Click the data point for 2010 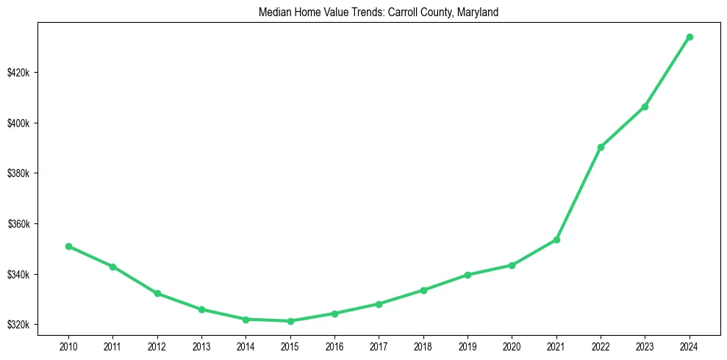click(x=68, y=246)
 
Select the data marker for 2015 click(x=290, y=321)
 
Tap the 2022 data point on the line click(x=601, y=147)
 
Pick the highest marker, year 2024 click(x=690, y=37)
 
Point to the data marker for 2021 click(x=556, y=240)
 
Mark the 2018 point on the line click(x=423, y=290)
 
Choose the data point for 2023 click(x=645, y=107)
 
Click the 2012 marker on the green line click(x=157, y=293)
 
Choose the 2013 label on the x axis click(x=201, y=345)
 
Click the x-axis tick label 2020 click(x=512, y=345)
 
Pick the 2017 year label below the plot click(x=379, y=345)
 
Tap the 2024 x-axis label click(x=690, y=345)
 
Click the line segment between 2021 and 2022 click(x=579, y=193)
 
